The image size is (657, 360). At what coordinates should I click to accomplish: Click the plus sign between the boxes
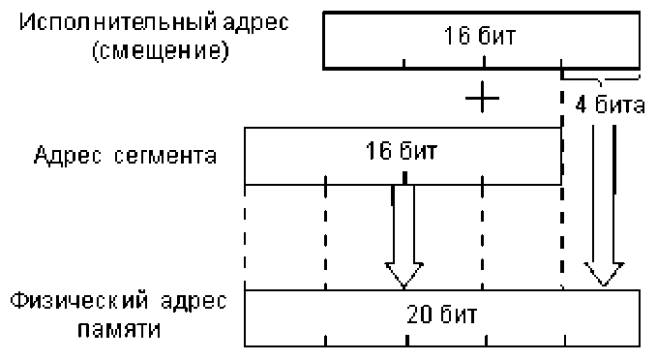click(x=481, y=98)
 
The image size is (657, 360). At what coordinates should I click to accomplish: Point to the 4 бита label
click(x=610, y=105)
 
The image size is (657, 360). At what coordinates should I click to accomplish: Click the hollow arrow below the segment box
click(x=403, y=237)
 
